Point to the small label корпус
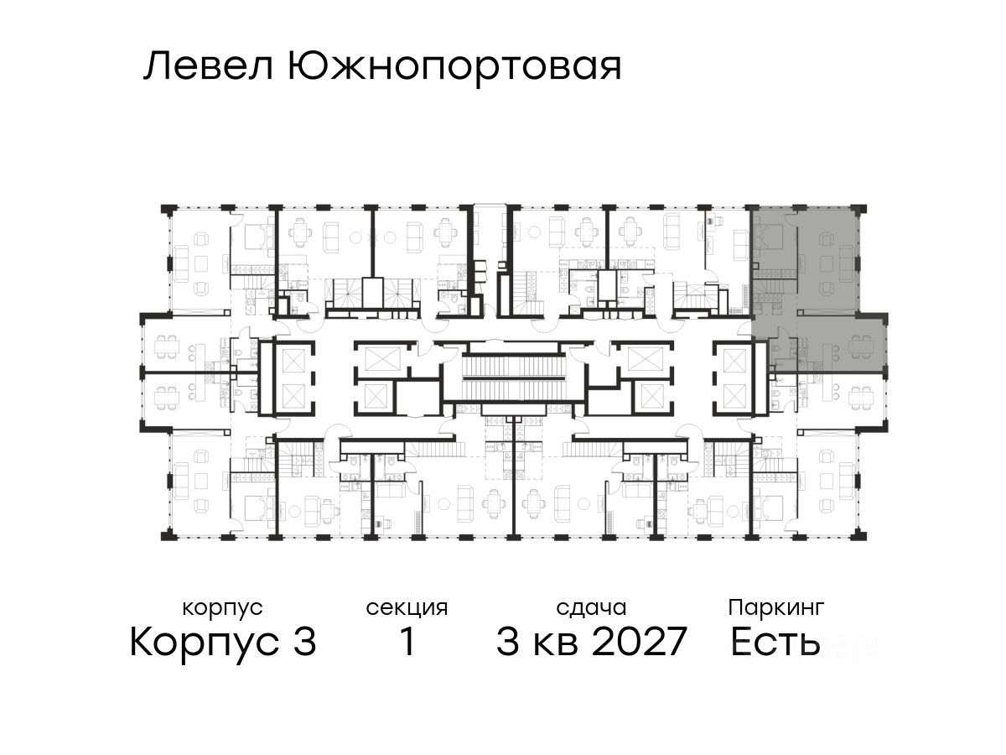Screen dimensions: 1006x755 click(222, 607)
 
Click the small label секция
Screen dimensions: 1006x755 click(407, 607)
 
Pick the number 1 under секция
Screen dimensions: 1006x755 click(407, 643)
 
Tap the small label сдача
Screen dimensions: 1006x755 click(591, 607)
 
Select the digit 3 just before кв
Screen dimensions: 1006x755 click(508, 643)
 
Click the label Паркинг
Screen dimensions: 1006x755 click(776, 607)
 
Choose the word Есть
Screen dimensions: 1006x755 click(775, 643)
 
